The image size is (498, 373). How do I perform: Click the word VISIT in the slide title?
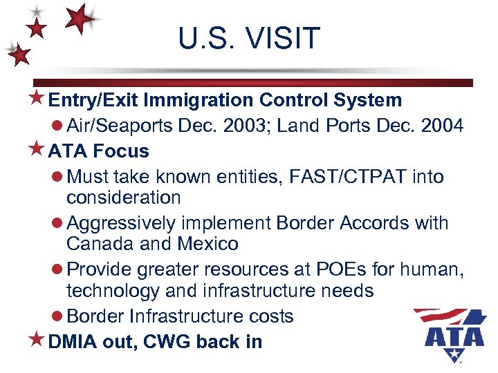(285, 39)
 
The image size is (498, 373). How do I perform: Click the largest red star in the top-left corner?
(82, 19)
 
